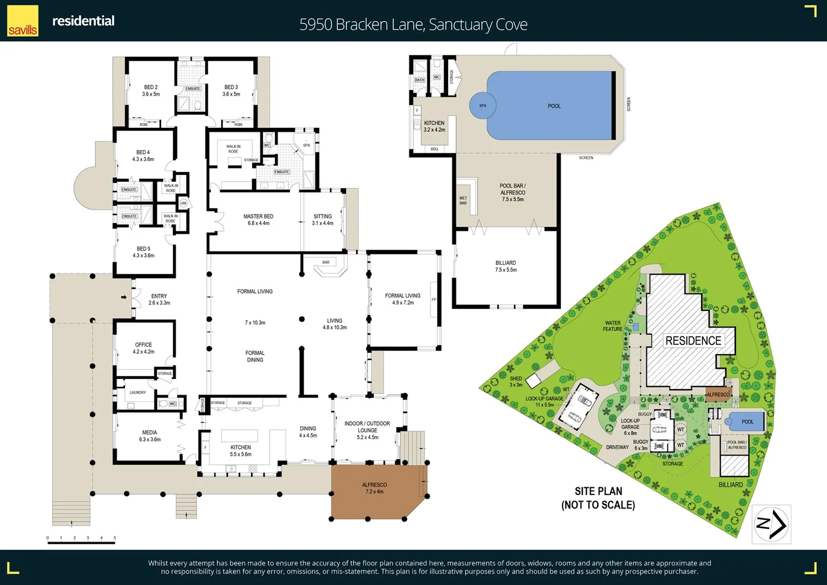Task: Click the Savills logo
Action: point(23,21)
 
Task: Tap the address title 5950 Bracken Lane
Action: point(413,24)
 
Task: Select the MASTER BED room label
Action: point(258,219)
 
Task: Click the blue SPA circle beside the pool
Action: point(483,106)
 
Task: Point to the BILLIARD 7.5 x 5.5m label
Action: point(506,266)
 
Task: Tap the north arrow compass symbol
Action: point(771,524)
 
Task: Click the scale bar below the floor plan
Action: point(81,542)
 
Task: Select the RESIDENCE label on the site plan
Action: point(693,341)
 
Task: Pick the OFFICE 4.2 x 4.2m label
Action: point(143,348)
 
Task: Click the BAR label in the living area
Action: point(326,262)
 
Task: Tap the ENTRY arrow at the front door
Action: point(124,297)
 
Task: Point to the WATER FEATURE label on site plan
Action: point(613,326)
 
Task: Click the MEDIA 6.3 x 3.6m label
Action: point(150,435)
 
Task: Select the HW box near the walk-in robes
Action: point(183,203)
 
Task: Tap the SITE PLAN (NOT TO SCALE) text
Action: point(598,498)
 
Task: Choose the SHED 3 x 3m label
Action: point(516,381)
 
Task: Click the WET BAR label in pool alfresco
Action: point(463,200)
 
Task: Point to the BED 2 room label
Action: point(151,90)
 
